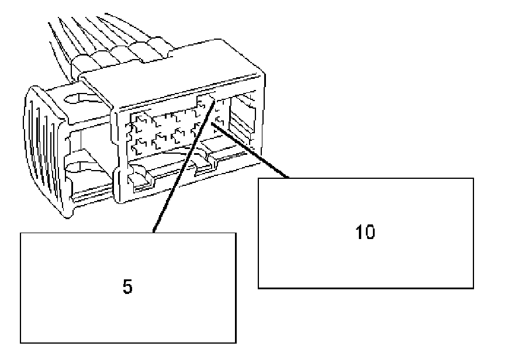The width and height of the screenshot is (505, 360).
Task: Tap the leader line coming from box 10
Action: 251,149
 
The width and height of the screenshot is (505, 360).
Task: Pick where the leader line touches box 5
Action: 153,233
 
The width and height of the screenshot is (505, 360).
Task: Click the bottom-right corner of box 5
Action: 236,342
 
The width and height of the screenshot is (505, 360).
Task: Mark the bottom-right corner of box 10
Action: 473,288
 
